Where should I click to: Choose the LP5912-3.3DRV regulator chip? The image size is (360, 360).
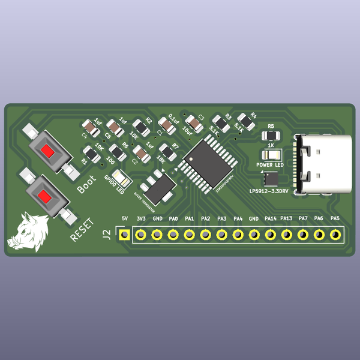point(270,179)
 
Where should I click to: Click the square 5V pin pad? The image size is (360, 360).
point(124,235)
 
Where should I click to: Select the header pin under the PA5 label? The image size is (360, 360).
point(335,235)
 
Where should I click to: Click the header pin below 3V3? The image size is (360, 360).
point(140,235)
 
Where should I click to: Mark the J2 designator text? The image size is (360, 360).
point(106,233)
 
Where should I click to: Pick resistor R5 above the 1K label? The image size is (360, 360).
point(271,136)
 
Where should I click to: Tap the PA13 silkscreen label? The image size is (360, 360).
point(286,218)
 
